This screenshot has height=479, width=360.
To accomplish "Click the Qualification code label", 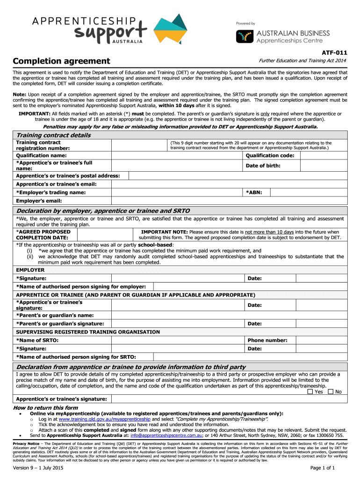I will coord(270,155).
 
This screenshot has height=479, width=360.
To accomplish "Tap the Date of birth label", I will coord(263,166).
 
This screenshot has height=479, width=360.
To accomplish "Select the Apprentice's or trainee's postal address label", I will coord(67,175).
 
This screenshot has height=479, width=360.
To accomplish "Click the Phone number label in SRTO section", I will coord(267,340).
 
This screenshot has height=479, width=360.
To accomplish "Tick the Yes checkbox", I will coord(310,392).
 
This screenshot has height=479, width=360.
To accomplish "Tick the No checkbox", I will coord(331,392).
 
